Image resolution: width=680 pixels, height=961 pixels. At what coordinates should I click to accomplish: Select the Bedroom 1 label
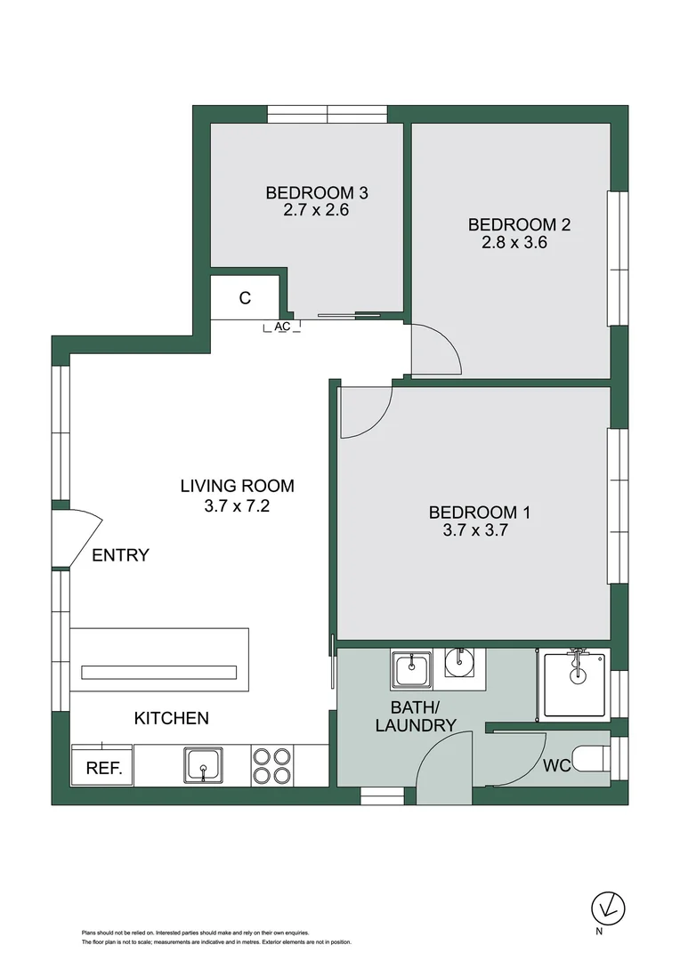click(x=479, y=512)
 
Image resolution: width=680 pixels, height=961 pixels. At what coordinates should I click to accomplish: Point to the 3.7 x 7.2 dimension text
click(x=237, y=506)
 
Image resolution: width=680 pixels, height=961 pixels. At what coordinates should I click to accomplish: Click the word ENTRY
click(x=120, y=555)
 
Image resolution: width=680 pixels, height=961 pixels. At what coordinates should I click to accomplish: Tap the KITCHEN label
click(x=171, y=718)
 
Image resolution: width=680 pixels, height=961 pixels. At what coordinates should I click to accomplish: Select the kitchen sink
click(x=204, y=764)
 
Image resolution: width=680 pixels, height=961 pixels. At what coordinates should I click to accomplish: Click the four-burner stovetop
click(x=271, y=764)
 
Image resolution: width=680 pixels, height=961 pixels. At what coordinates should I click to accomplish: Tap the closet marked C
click(x=246, y=299)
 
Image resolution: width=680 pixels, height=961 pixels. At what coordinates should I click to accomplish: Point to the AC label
click(x=282, y=327)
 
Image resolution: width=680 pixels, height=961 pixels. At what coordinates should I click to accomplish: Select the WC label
click(x=556, y=765)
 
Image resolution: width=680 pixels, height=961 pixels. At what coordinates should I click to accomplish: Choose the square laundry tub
click(x=411, y=669)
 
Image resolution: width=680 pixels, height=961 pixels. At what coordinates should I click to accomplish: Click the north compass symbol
click(x=609, y=909)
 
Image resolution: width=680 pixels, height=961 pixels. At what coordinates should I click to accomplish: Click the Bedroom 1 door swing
click(x=363, y=411)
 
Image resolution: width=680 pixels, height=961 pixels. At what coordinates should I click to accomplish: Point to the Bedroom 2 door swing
click(x=434, y=351)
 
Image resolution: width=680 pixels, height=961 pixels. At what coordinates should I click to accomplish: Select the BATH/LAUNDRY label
click(x=415, y=716)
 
